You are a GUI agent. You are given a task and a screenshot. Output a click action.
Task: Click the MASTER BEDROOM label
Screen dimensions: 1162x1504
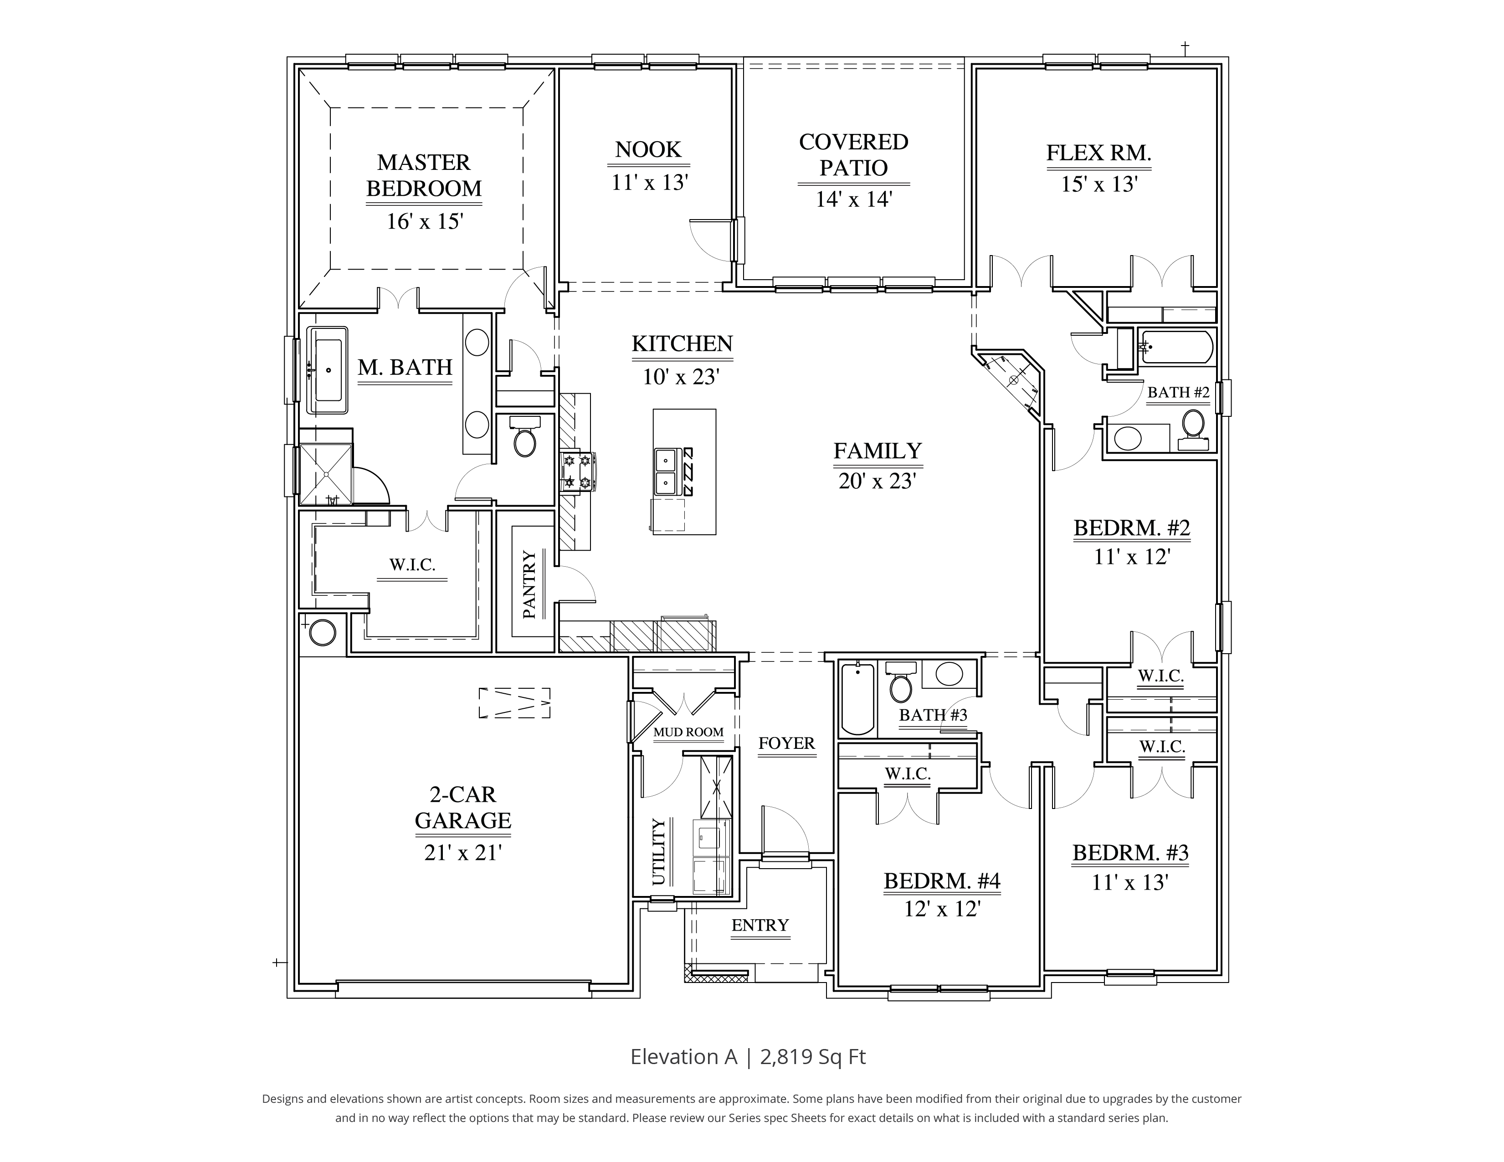coord(424,175)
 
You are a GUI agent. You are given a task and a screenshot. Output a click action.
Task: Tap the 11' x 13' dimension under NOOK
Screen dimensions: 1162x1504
coord(649,182)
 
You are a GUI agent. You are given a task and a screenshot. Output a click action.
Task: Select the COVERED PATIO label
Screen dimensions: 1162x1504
coord(853,154)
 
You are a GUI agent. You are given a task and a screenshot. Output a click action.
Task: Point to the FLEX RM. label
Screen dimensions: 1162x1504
coord(1098,153)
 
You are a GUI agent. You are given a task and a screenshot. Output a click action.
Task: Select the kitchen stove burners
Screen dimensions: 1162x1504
coord(577,471)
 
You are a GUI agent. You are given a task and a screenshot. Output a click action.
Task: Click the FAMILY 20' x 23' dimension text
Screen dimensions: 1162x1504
coord(876,481)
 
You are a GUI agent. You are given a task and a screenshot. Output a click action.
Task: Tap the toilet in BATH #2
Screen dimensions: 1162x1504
coord(1193,427)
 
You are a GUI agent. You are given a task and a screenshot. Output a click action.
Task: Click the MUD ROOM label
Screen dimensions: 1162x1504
coord(688,732)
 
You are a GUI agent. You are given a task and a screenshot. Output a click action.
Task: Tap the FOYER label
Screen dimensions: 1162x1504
coord(786,743)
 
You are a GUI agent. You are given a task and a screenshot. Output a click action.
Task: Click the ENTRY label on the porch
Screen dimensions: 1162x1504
coord(760,925)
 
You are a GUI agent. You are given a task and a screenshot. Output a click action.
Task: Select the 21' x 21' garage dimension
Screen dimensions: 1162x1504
coord(463,852)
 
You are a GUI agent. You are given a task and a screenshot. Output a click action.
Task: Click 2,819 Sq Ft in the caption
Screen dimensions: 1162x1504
coord(813,1057)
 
